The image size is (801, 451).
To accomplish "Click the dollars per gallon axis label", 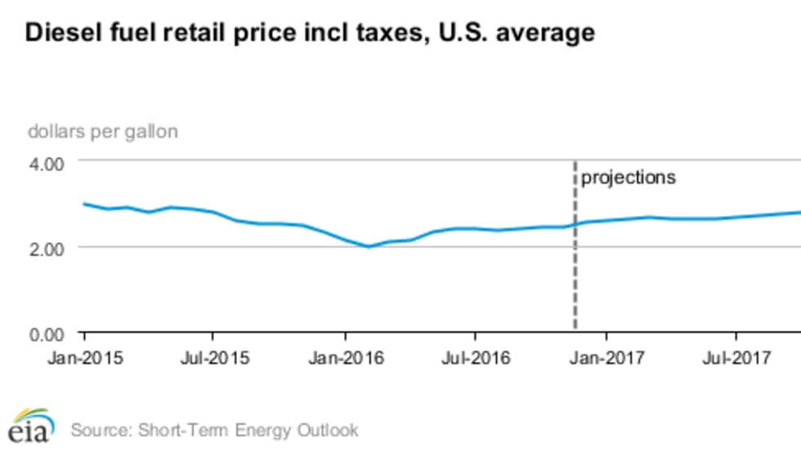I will click(103, 131).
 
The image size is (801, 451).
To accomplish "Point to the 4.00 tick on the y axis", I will click(47, 163).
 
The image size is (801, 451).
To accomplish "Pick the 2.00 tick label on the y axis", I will click(47, 248).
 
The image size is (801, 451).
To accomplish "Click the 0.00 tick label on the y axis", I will click(47, 333).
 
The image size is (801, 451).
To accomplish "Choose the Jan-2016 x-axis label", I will click(344, 357).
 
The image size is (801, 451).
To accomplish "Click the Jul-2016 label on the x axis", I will click(475, 357).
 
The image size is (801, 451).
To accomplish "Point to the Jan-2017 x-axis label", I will click(606, 357).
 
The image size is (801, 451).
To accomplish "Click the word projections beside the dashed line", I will click(629, 177).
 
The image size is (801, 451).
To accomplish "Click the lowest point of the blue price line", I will click(369, 246).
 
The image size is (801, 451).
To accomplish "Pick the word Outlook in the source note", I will click(329, 429).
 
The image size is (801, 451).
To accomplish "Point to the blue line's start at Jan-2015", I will click(83, 203).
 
